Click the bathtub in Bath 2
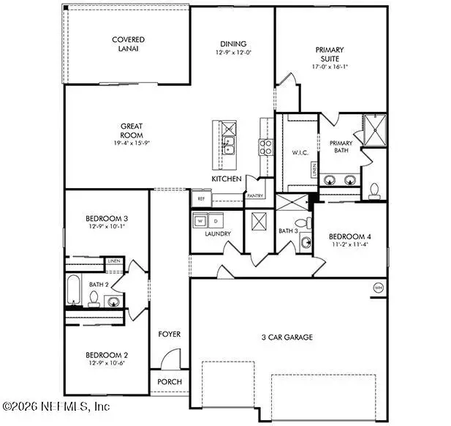pyautogui.click(x=74, y=290)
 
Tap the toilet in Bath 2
pyautogui.click(x=94, y=298)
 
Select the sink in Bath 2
pyautogui.click(x=113, y=300)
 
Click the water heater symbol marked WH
pyautogui.click(x=378, y=286)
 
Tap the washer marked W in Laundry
pyautogui.click(x=198, y=220)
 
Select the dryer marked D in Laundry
pyautogui.click(x=216, y=220)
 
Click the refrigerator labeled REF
pyautogui.click(x=200, y=198)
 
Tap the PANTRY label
pyautogui.click(x=255, y=196)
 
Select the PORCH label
pyautogui.click(x=170, y=382)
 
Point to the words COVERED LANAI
pyautogui.click(x=128, y=44)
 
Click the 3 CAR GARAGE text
pyautogui.click(x=288, y=337)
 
